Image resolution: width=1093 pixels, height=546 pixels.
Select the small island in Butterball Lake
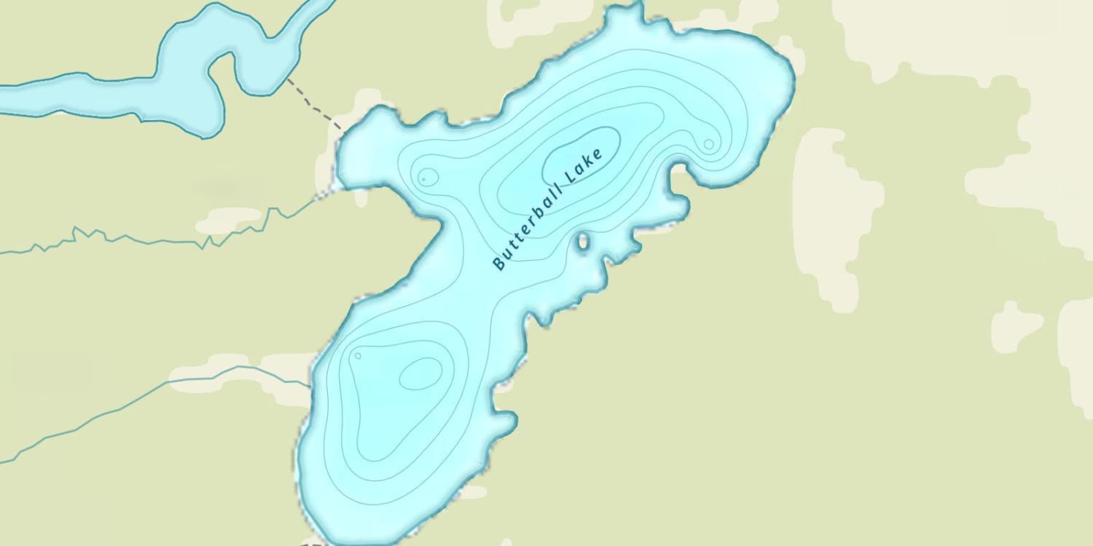[583, 241]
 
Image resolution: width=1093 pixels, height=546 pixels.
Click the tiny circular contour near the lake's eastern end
[708, 144]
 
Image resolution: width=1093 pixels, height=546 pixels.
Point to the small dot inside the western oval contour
[423, 178]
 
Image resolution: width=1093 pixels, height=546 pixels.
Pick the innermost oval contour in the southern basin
[420, 373]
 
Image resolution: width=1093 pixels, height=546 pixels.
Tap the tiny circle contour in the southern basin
[358, 356]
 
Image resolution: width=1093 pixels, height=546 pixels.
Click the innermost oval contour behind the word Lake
[581, 154]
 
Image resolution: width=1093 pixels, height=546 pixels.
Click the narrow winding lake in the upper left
[182, 80]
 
